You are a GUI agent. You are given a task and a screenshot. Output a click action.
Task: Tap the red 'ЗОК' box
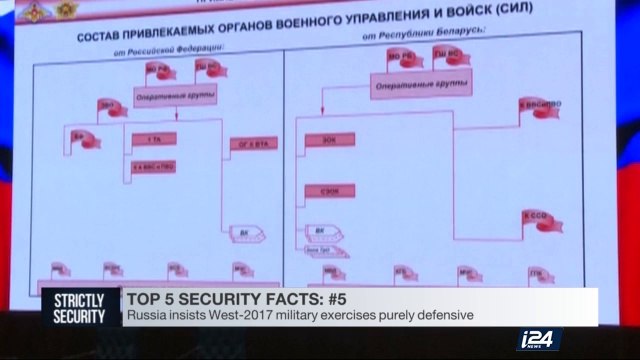326,139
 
